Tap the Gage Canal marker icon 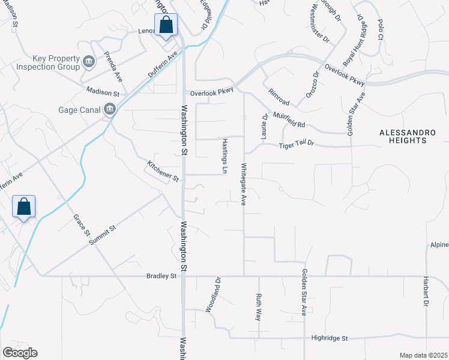tap(110, 109)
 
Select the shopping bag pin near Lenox tap(166, 26)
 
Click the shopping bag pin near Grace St tap(24, 208)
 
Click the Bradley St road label tap(161, 276)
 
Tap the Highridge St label tap(330, 338)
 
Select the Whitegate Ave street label tap(244, 184)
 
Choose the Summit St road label tap(102, 233)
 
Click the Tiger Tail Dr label tap(297, 145)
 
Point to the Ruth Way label tap(258, 307)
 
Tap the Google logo tap(20, 352)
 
